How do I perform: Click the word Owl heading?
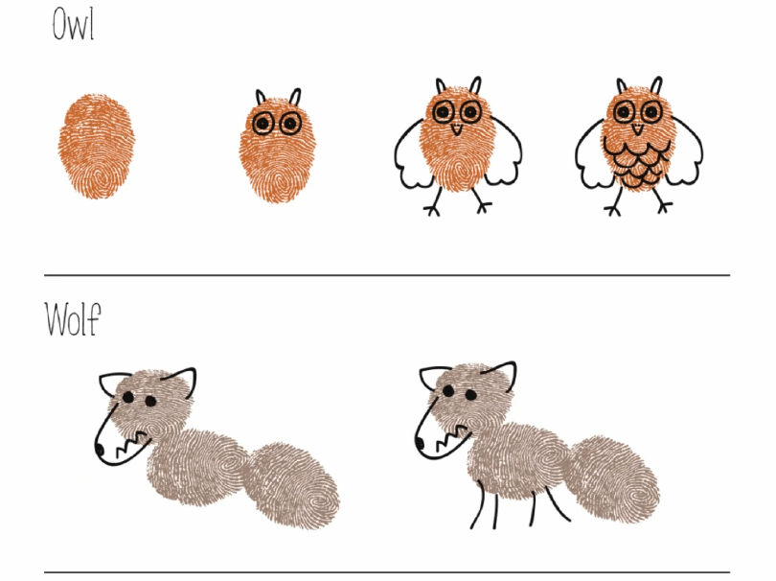(x=73, y=25)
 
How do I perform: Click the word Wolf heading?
(x=73, y=319)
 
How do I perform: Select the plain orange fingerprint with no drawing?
(x=97, y=146)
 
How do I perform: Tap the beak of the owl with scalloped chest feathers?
(x=638, y=129)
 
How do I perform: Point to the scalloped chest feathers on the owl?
(x=636, y=163)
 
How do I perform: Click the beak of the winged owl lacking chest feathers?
(x=457, y=129)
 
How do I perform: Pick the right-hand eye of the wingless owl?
(x=290, y=123)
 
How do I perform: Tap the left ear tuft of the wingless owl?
(x=261, y=97)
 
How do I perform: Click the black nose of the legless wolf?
(x=99, y=450)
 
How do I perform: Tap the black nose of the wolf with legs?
(x=420, y=443)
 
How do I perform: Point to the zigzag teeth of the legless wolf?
(x=132, y=443)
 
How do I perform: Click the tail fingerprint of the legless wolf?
(x=293, y=486)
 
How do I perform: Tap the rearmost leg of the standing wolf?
(x=558, y=503)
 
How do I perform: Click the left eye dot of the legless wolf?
(x=128, y=397)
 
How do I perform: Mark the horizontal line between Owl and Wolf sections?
(x=387, y=275)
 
